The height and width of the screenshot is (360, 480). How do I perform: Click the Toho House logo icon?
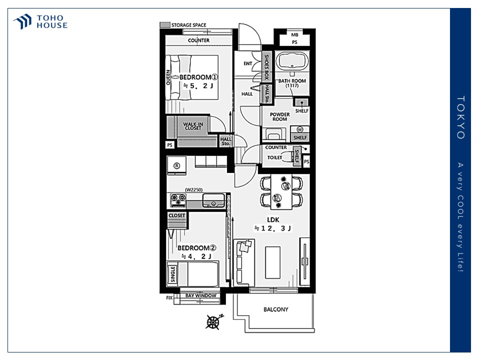click(x=22, y=21)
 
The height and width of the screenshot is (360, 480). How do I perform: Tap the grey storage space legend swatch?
click(x=165, y=25)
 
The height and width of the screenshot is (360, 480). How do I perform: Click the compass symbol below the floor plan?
click(x=214, y=321)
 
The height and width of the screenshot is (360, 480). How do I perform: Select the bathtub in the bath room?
click(x=292, y=61)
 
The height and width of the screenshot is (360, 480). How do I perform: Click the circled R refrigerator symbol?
click(x=176, y=165)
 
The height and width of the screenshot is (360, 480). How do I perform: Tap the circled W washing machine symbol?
click(x=299, y=129)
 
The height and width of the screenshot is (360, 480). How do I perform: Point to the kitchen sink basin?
click(x=213, y=201)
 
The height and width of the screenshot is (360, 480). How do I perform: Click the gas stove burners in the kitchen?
click(x=178, y=200)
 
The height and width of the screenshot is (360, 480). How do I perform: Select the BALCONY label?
click(x=276, y=309)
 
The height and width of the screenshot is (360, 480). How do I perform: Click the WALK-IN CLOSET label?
click(x=193, y=126)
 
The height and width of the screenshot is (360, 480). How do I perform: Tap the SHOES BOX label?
click(x=266, y=66)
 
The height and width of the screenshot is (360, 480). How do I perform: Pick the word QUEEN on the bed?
click(x=168, y=78)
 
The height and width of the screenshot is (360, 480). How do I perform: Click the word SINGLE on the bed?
click(x=172, y=274)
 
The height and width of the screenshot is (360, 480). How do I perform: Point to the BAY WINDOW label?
click(x=201, y=295)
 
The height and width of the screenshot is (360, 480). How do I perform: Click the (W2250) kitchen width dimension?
click(x=194, y=190)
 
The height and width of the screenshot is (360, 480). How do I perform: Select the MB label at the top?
click(x=294, y=35)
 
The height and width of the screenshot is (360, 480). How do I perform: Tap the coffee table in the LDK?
click(x=273, y=262)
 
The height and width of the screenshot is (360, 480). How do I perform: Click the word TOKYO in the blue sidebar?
click(x=460, y=117)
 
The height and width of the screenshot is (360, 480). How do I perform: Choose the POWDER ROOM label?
click(x=280, y=116)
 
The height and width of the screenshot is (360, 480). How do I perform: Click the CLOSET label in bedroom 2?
click(x=177, y=216)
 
